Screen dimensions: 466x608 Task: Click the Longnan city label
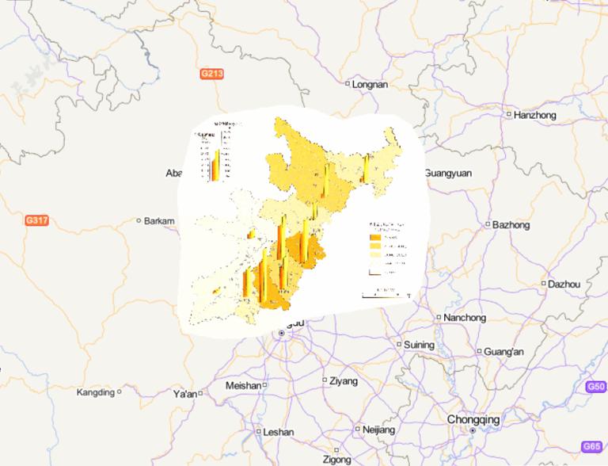(x=370, y=83)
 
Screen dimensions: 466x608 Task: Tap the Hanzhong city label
(x=534, y=115)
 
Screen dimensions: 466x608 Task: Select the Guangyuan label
(x=447, y=173)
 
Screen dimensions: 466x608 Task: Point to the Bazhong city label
(x=510, y=224)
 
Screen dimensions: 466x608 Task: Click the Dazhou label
(x=564, y=284)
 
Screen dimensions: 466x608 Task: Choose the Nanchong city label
(x=464, y=318)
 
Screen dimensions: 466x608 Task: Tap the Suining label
(x=419, y=345)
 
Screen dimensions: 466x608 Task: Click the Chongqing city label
(x=473, y=419)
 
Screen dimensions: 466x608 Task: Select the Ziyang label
(x=344, y=380)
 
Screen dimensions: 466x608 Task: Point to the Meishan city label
(x=243, y=385)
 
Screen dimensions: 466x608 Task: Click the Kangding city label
(x=95, y=392)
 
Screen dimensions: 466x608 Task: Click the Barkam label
(x=159, y=221)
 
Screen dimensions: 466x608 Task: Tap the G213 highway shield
(x=211, y=74)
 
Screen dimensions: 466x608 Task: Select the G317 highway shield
(x=37, y=220)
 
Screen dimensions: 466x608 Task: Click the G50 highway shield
(x=596, y=386)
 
